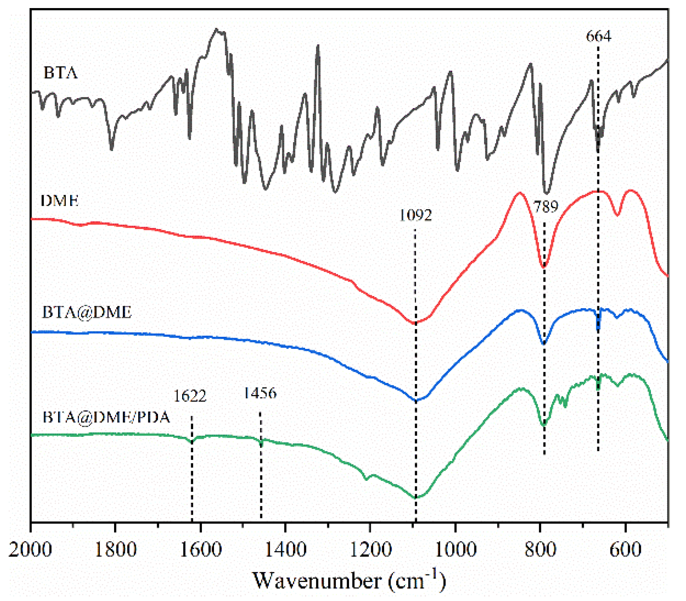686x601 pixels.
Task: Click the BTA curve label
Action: coord(60,73)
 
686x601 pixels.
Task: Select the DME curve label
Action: coord(60,200)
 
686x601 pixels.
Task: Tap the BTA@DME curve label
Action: coord(87,312)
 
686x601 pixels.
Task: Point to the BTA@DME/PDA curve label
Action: coord(106,417)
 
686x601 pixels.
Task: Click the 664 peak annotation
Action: coord(598,36)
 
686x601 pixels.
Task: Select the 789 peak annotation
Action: coord(546,207)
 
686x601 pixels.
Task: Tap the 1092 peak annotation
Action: coord(415,215)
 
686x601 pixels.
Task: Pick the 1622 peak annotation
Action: coord(190,396)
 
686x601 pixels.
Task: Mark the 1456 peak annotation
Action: coord(260,393)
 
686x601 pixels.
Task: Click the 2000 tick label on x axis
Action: coord(30,549)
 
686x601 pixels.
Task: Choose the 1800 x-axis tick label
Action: coord(115,549)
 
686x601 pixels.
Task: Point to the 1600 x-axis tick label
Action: coord(200,549)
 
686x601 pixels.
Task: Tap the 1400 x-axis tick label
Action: coord(285,549)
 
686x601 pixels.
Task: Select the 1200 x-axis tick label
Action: coord(370,549)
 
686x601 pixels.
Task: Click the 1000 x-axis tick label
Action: coord(455,549)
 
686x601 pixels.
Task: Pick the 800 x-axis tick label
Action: coord(540,549)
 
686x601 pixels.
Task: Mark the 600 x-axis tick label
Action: coord(625,549)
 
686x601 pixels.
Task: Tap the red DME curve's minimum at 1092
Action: coord(415,323)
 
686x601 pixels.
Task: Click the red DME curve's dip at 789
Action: coord(544,267)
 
